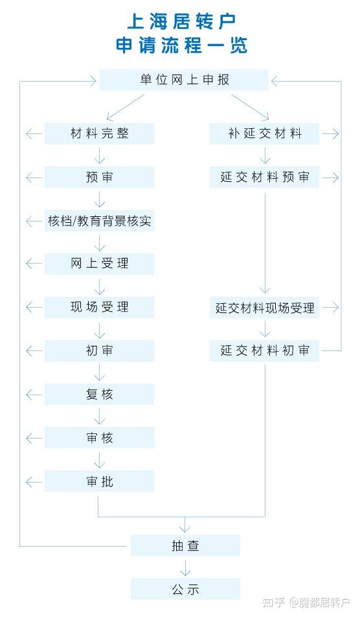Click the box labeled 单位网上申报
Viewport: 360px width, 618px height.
tap(184, 80)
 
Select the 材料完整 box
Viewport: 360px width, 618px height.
tap(99, 133)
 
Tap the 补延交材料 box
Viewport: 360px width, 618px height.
tap(264, 133)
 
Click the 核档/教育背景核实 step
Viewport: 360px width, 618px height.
tap(99, 221)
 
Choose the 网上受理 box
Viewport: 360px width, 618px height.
tap(99, 264)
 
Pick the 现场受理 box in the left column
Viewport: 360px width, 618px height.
tap(99, 308)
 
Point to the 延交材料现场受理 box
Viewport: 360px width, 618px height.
tap(264, 308)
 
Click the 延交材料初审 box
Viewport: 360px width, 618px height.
tap(264, 350)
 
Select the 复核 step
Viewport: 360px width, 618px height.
tap(99, 395)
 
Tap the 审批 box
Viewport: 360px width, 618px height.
tap(99, 481)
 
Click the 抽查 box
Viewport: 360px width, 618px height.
tap(185, 545)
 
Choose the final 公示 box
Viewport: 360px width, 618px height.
tap(185, 589)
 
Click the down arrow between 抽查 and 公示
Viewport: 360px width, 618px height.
tap(185, 567)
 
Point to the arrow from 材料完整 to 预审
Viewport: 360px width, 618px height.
tap(99, 155)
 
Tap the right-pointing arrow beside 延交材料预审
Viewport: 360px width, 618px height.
tap(330, 177)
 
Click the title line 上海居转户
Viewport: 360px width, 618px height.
tap(181, 21)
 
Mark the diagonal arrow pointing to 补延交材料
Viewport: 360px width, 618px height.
tap(251, 107)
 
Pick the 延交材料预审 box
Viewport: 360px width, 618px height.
tap(264, 177)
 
